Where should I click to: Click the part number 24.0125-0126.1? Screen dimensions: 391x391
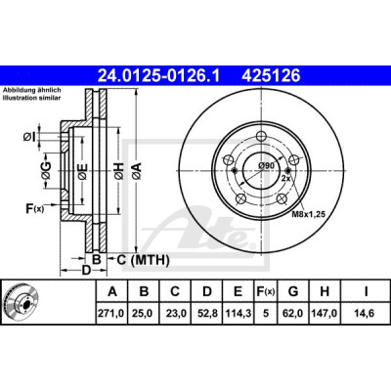(159, 76)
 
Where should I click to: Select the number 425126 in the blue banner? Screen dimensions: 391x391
(271, 76)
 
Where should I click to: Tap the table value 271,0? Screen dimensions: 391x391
(112, 314)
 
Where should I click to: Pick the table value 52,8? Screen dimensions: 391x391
(207, 314)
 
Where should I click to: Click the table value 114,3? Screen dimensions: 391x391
(238, 314)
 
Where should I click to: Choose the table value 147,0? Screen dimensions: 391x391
(325, 314)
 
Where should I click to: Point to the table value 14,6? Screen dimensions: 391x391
(366, 314)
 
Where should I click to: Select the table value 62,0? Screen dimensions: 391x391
(293, 314)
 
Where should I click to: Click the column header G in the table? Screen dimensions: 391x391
(293, 291)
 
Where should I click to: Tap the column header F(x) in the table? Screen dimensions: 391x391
(266, 291)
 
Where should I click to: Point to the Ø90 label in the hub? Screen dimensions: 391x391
(266, 165)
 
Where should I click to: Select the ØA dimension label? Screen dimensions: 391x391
(137, 171)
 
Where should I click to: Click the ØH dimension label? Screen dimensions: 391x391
(119, 171)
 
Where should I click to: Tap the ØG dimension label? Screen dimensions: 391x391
(47, 171)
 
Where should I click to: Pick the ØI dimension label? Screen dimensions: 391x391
(29, 138)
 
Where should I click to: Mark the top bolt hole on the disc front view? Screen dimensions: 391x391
(261, 136)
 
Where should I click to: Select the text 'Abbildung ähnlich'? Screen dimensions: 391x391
(32, 90)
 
